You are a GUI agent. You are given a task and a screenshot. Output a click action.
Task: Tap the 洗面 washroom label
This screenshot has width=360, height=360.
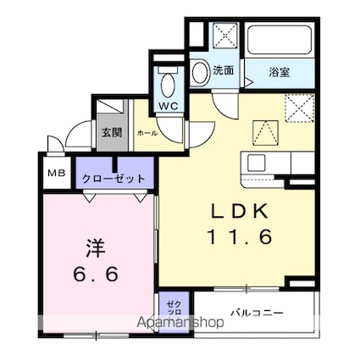[224, 71]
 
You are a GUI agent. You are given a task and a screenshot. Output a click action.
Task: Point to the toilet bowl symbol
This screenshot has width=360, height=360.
[167, 85]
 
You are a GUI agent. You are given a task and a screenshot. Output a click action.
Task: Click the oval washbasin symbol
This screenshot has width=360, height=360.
[201, 73]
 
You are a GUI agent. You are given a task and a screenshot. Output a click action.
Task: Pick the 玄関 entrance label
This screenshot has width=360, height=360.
[111, 132]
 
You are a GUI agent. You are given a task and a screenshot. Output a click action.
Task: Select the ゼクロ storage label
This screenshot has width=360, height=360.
[171, 309]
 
